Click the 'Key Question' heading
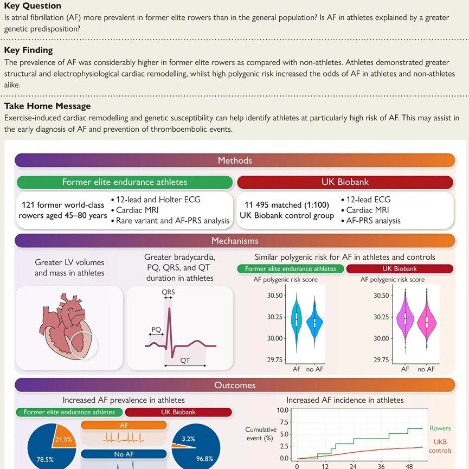[x=33, y=6]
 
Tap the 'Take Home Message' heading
[x=47, y=106]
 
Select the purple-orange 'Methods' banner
[x=234, y=160]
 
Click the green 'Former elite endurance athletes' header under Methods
[x=124, y=182]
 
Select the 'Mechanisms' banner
[x=234, y=241]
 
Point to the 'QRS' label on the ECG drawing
[x=168, y=292]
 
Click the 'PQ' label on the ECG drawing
[x=156, y=329]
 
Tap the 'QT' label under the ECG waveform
[x=185, y=359]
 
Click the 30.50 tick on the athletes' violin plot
[x=275, y=296]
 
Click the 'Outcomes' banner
[x=234, y=386]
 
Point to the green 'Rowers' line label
[x=440, y=429]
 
